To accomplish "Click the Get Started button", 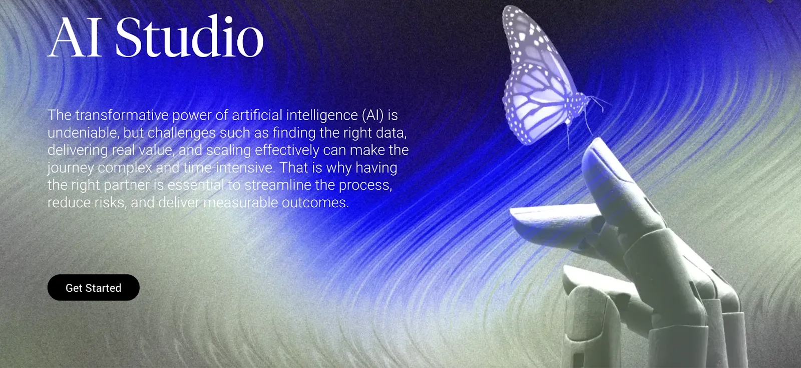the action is [x=93, y=287].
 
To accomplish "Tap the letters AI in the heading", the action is [x=75, y=37].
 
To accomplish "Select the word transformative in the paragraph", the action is [x=122, y=115].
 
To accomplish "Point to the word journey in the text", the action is [x=71, y=168].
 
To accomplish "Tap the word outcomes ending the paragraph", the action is [x=315, y=203].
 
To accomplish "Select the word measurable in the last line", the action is [x=241, y=203].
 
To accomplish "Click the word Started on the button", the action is [x=104, y=288].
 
